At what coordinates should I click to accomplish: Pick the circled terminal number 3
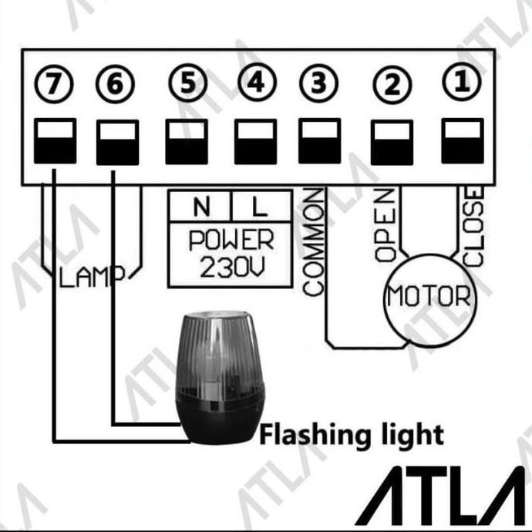click(319, 82)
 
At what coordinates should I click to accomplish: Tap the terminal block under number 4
click(255, 140)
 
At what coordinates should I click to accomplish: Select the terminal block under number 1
click(462, 140)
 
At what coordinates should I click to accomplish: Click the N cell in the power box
click(201, 206)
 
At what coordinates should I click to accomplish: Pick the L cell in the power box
click(258, 206)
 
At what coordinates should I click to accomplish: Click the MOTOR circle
click(429, 295)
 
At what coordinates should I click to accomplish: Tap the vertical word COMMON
click(313, 244)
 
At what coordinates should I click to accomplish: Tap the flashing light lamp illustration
click(218, 378)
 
